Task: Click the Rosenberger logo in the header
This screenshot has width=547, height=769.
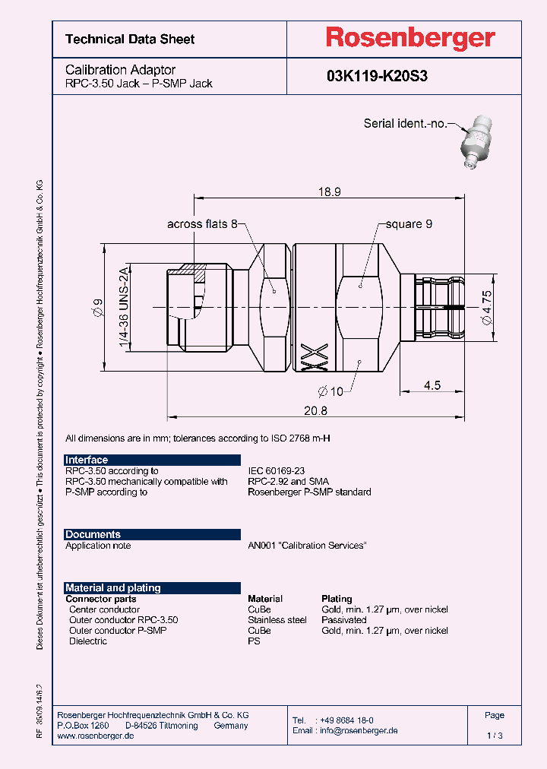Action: [410, 38]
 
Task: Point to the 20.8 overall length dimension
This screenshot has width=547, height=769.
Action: [316, 410]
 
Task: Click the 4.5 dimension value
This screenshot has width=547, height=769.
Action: [432, 384]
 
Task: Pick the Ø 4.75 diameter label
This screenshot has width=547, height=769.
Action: [487, 309]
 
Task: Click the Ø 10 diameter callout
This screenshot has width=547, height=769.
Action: [329, 391]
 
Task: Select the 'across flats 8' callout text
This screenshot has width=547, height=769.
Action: [202, 224]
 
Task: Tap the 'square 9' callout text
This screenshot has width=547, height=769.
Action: [409, 224]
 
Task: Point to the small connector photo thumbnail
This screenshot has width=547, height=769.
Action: [476, 141]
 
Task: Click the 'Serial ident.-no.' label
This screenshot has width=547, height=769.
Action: [405, 123]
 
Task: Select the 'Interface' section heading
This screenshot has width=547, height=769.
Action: [87, 460]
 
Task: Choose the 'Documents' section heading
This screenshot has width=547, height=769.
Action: [93, 534]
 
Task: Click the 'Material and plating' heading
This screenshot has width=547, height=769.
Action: [113, 587]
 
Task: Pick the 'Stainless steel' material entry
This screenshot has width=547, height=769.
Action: [277, 620]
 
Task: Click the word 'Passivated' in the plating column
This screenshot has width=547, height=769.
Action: [344, 620]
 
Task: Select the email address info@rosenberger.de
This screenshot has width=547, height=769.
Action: [356, 730]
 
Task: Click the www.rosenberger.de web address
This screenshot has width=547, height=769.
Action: [96, 736]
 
